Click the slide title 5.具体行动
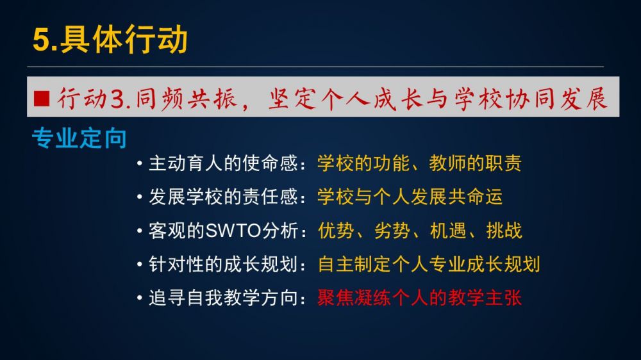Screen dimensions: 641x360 point(110,39)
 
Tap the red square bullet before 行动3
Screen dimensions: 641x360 point(42,99)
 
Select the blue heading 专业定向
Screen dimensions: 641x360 point(79,138)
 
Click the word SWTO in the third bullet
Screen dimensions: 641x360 point(233,231)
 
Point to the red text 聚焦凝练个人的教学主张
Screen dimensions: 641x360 point(419,297)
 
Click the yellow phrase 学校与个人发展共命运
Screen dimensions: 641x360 point(410,197)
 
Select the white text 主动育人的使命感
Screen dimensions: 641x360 point(223,163)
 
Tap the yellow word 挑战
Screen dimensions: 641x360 point(504,231)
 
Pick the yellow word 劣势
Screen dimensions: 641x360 point(392,231)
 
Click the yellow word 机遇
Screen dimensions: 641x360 point(448,231)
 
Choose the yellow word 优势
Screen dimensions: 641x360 point(336,231)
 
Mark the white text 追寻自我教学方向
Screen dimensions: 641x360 point(223,297)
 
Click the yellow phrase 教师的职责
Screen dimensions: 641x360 point(476,163)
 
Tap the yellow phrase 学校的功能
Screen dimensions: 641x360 point(363,163)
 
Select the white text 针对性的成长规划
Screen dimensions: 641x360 point(223,264)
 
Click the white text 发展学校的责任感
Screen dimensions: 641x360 point(223,197)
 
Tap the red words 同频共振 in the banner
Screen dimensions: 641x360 point(186,99)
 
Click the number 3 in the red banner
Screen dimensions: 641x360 point(117,99)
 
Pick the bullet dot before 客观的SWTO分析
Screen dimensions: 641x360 point(140,231)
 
